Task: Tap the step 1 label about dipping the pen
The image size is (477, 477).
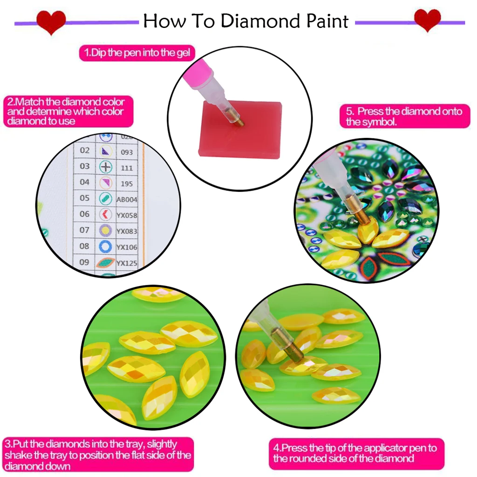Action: click(137, 53)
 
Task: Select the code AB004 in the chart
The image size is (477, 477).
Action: click(127, 199)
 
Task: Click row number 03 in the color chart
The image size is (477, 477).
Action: click(84, 166)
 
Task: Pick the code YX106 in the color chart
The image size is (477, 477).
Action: click(127, 247)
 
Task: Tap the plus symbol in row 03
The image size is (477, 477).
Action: click(106, 167)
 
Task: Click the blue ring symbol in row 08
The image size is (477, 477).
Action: click(106, 246)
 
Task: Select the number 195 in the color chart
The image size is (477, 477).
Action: click(126, 184)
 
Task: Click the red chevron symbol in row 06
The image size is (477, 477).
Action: click(106, 215)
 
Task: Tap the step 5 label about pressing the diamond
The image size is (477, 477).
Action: click(403, 116)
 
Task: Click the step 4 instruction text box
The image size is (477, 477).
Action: click(356, 453)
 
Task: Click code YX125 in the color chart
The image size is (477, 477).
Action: click(127, 263)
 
